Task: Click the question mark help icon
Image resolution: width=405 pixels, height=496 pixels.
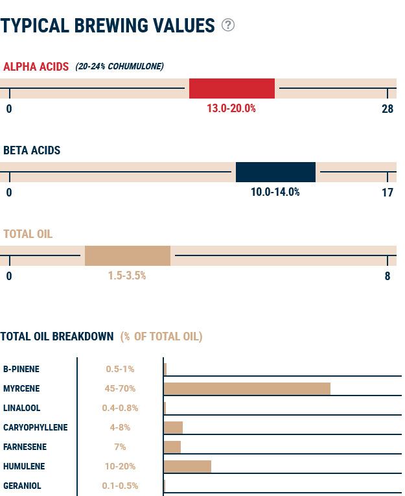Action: pyautogui.click(x=228, y=25)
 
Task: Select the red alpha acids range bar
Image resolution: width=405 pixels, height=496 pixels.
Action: pyautogui.click(x=231, y=88)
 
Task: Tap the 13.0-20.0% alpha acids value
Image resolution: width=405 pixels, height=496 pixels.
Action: pyautogui.click(x=231, y=109)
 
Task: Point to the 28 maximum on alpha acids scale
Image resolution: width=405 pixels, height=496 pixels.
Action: pyautogui.click(x=388, y=109)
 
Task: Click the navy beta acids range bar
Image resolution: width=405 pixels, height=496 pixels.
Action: pyautogui.click(x=275, y=172)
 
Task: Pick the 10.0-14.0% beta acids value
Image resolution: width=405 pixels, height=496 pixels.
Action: pyautogui.click(x=275, y=193)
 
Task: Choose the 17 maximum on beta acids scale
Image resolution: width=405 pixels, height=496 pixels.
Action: pyautogui.click(x=388, y=193)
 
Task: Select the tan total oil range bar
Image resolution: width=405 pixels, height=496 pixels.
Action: pyautogui.click(x=127, y=255)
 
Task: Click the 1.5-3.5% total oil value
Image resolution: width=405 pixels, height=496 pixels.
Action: pyautogui.click(x=127, y=276)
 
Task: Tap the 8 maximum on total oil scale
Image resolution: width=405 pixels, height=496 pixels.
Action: pyautogui.click(x=388, y=276)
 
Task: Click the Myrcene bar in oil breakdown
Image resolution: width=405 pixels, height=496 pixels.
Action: pyautogui.click(x=247, y=388)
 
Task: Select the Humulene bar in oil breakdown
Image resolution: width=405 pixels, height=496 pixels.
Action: pyautogui.click(x=187, y=466)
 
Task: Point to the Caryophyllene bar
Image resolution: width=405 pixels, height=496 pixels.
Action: pyautogui.click(x=173, y=427)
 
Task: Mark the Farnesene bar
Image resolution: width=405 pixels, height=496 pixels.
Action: pyautogui.click(x=172, y=447)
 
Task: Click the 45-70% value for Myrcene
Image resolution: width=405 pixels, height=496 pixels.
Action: pyautogui.click(x=120, y=389)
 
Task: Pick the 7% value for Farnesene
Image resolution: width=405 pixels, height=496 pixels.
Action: pyautogui.click(x=120, y=447)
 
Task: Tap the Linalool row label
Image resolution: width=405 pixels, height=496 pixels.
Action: pyautogui.click(x=21, y=408)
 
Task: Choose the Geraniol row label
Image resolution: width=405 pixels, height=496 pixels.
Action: pyautogui.click(x=22, y=486)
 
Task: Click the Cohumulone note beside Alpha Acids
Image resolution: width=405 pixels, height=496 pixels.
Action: pyautogui.click(x=119, y=67)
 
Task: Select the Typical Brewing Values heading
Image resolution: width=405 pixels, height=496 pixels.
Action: pyautogui.click(x=108, y=26)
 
